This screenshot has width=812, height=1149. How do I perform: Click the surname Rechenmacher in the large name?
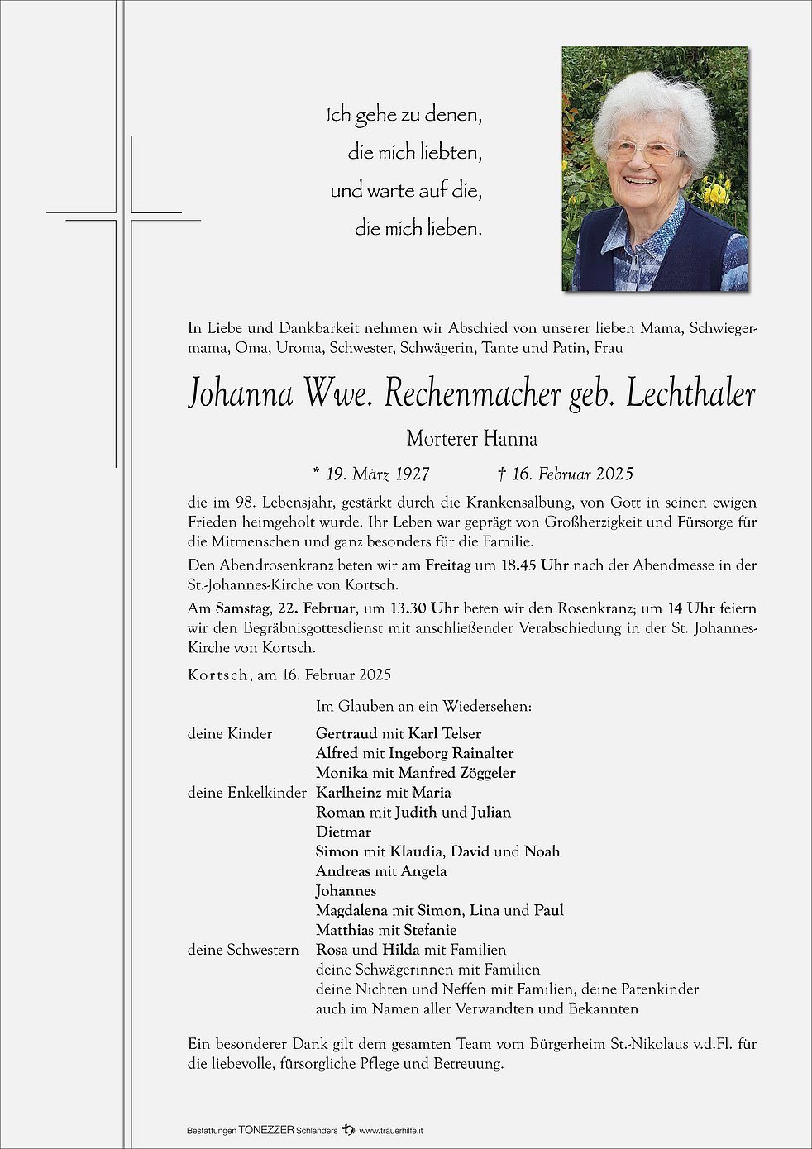pos(473,395)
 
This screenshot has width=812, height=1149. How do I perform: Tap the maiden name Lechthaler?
pos(690,395)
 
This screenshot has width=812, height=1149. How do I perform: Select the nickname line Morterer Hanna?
pos(471,438)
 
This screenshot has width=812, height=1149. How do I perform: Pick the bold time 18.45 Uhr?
pos(534,565)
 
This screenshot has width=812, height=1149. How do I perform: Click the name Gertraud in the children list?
pos(346,733)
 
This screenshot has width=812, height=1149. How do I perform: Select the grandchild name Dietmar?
pos(343,832)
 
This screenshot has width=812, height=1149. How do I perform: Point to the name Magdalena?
pos(351,910)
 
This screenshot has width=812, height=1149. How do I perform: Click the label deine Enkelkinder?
pos(246,793)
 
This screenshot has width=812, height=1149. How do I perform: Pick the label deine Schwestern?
pos(243,950)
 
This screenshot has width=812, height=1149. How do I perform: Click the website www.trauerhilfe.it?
pos(392,1130)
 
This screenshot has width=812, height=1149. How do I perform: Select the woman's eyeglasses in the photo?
pos(645,151)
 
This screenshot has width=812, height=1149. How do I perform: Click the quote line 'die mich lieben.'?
pos(418,228)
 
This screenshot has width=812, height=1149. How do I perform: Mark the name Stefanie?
pos(430,930)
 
